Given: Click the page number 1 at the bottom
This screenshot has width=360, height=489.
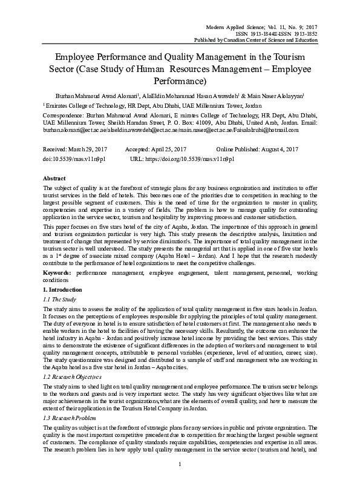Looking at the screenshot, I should pos(180,481).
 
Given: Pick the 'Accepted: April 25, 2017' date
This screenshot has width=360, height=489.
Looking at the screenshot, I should pos(155,149).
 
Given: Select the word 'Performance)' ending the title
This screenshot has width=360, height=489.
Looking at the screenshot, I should pos(180,80).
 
